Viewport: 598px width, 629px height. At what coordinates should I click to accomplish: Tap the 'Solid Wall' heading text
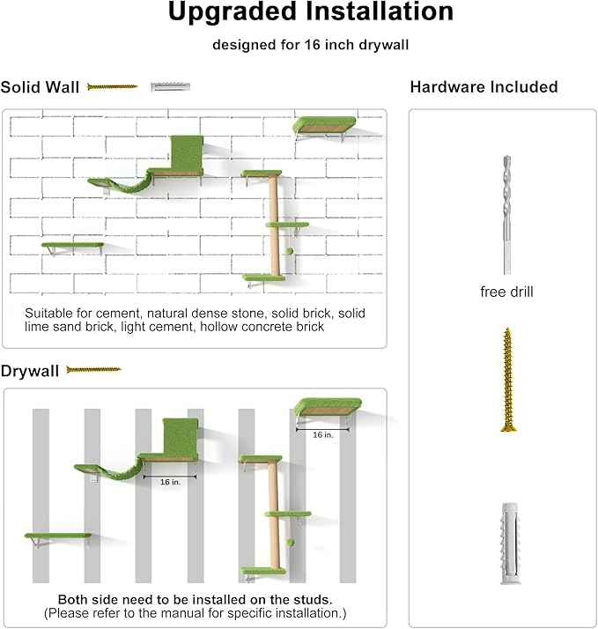pos(40,87)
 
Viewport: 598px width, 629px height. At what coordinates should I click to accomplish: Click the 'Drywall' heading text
pos(30,371)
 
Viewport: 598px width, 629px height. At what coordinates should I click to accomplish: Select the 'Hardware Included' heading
pos(484,87)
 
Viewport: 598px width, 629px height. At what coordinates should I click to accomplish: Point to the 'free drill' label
pos(506,292)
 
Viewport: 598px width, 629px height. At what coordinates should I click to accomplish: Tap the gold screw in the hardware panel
pos(507,380)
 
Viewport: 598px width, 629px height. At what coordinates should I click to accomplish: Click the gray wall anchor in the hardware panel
pos(507,538)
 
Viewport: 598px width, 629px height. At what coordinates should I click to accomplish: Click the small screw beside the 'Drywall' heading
pos(93,370)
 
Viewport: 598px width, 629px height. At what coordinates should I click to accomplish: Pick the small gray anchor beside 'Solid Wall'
pos(170,86)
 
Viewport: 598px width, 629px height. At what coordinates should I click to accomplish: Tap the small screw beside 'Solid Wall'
pos(113,86)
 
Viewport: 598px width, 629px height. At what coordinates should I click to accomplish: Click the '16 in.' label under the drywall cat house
pos(170,482)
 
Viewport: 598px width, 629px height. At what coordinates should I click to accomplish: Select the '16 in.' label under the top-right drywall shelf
pos(321,434)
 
